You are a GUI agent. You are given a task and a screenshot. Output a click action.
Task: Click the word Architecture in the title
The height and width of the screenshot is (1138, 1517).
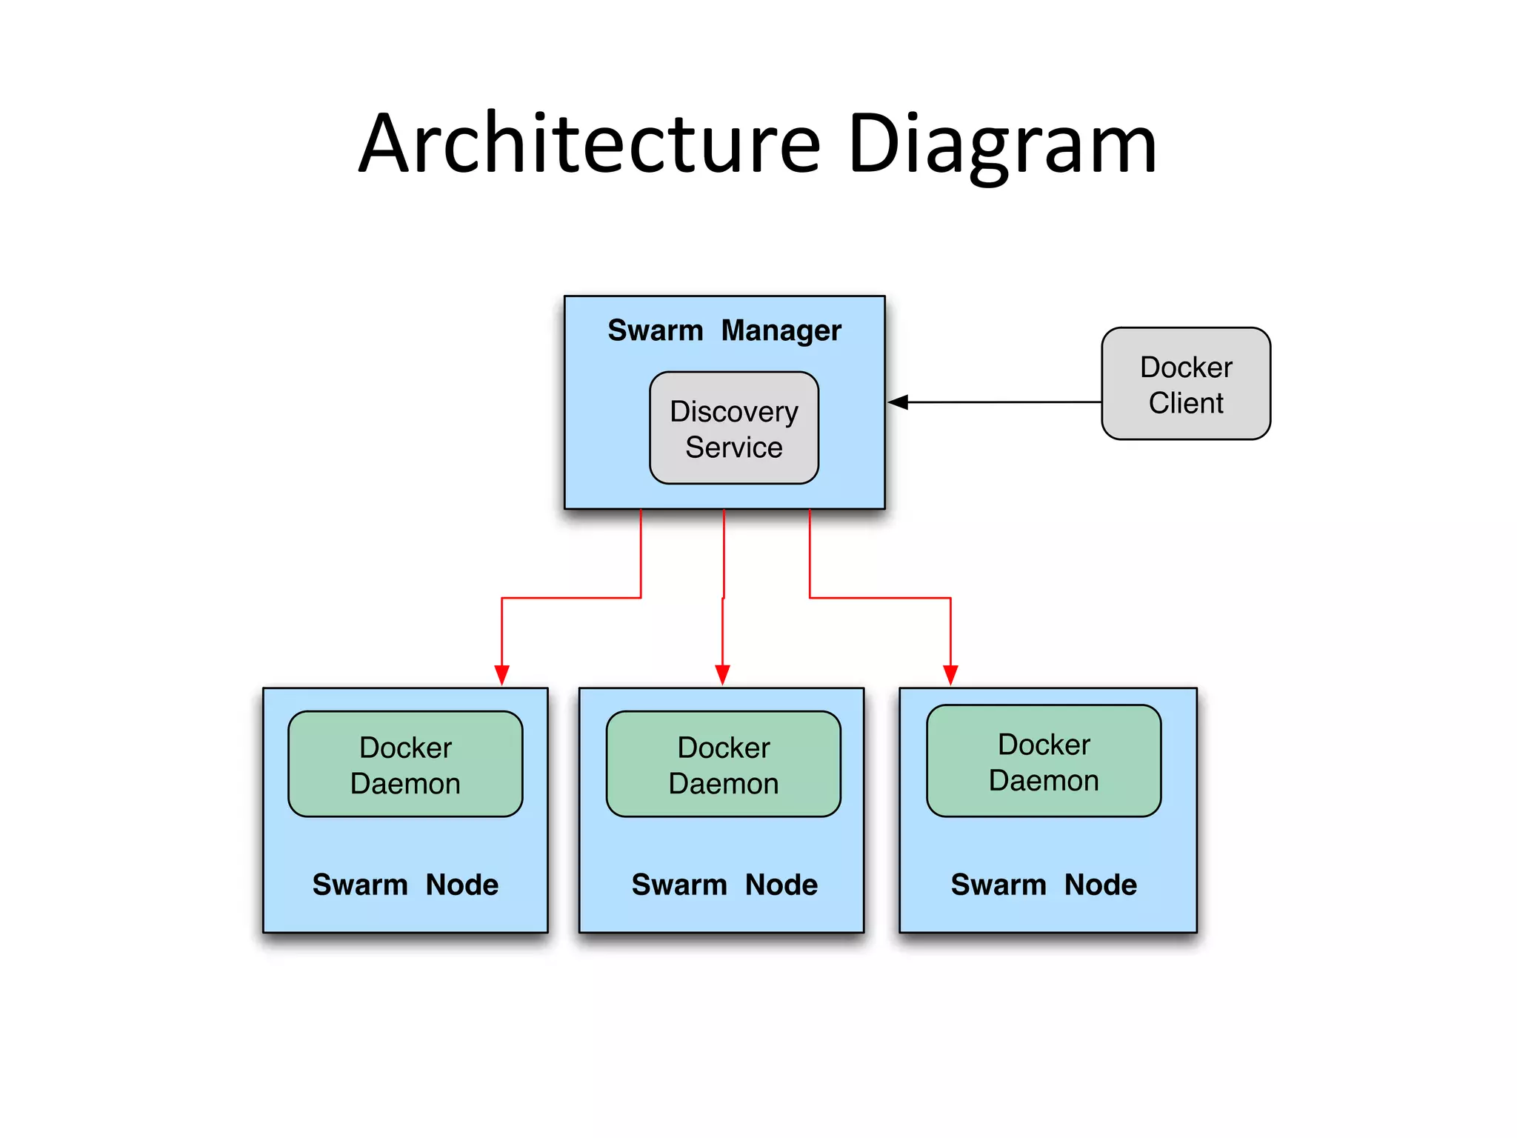point(590,144)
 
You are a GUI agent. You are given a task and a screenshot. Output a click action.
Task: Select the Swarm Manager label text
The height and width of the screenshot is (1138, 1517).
point(724,330)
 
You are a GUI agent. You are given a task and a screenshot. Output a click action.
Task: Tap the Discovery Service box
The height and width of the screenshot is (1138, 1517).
point(733,428)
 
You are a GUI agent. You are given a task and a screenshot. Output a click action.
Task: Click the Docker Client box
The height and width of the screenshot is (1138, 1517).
point(1185,384)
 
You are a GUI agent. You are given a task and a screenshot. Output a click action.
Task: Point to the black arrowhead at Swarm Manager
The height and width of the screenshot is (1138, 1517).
point(898,402)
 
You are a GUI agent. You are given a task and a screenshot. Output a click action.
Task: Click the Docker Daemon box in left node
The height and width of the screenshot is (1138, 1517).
point(405,764)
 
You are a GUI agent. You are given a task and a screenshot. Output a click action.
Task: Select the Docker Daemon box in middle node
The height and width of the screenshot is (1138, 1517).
point(723,764)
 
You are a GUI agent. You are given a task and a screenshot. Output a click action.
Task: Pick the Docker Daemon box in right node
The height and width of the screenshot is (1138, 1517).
point(1043,761)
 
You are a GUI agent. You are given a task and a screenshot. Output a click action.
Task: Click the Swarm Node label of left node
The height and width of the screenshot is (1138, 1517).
point(405,885)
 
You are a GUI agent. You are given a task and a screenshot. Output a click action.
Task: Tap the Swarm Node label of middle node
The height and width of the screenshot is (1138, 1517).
point(724,885)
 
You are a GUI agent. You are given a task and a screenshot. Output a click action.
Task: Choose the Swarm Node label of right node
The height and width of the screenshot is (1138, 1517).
point(1043,885)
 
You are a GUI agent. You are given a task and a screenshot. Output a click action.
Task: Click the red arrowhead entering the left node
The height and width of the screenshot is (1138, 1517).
point(501,675)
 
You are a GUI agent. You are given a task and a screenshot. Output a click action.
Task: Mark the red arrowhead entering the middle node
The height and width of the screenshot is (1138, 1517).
point(722,675)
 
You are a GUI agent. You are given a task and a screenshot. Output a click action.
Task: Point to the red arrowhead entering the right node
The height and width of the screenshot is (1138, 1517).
point(950,675)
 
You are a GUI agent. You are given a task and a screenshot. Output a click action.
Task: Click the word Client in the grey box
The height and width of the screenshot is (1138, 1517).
point(1185,403)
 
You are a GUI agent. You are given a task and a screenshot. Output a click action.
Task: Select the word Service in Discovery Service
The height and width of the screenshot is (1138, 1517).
point(733,447)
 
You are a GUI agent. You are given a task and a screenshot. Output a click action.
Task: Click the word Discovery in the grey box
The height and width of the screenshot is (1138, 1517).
point(733,412)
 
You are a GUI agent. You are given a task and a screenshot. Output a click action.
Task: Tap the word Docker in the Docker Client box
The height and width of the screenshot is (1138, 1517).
point(1185,367)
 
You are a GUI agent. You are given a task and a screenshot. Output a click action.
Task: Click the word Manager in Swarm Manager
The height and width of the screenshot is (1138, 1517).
point(781,331)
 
